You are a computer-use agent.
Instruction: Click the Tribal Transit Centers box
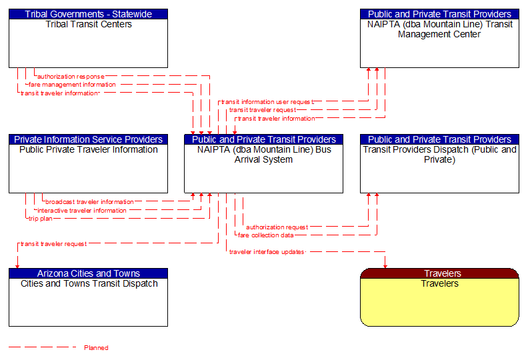[x=88, y=43]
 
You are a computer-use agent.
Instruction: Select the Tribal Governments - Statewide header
[x=88, y=14]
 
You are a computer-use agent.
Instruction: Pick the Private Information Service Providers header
[x=88, y=139]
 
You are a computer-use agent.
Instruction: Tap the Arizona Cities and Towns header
[x=88, y=273]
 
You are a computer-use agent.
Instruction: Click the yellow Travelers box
[x=439, y=301]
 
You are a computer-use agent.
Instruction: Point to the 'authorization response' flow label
[x=71, y=77]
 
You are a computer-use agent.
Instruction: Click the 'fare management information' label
[x=72, y=85]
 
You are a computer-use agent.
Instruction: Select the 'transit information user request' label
[x=267, y=102]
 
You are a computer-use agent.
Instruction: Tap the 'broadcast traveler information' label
[x=89, y=202]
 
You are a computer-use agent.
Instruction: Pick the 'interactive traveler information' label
[x=81, y=211]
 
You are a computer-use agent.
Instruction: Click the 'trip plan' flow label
[x=40, y=219]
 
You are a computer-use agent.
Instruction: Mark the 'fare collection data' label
[x=265, y=235]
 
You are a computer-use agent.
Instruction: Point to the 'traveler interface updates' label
[x=267, y=252]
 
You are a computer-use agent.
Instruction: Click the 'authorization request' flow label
[x=277, y=227]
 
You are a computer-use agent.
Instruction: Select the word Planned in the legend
[x=96, y=348]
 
